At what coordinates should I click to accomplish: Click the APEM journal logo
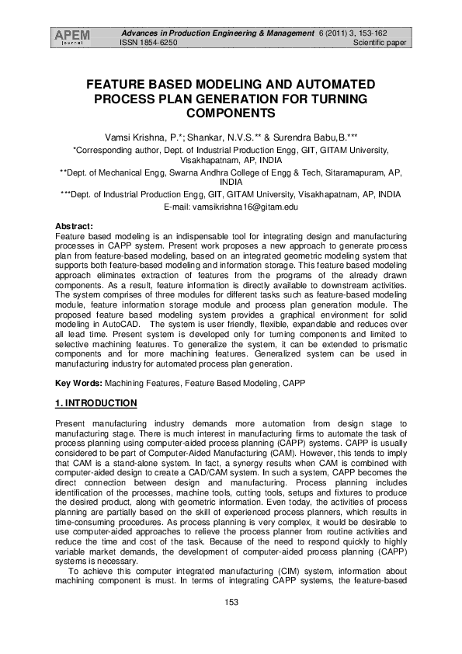(x=72, y=37)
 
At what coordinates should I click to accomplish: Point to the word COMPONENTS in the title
(x=231, y=113)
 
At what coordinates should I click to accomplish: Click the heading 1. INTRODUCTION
(x=96, y=403)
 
